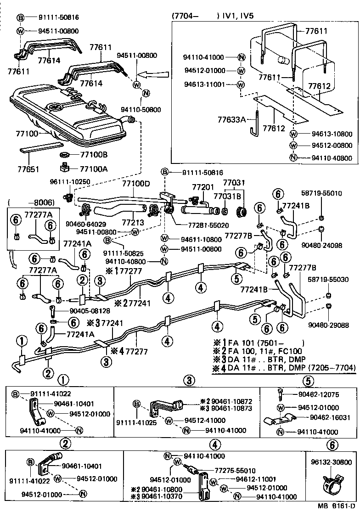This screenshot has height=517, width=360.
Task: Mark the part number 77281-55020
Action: [x=197, y=226]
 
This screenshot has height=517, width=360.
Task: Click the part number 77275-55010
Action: [x=235, y=471]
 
